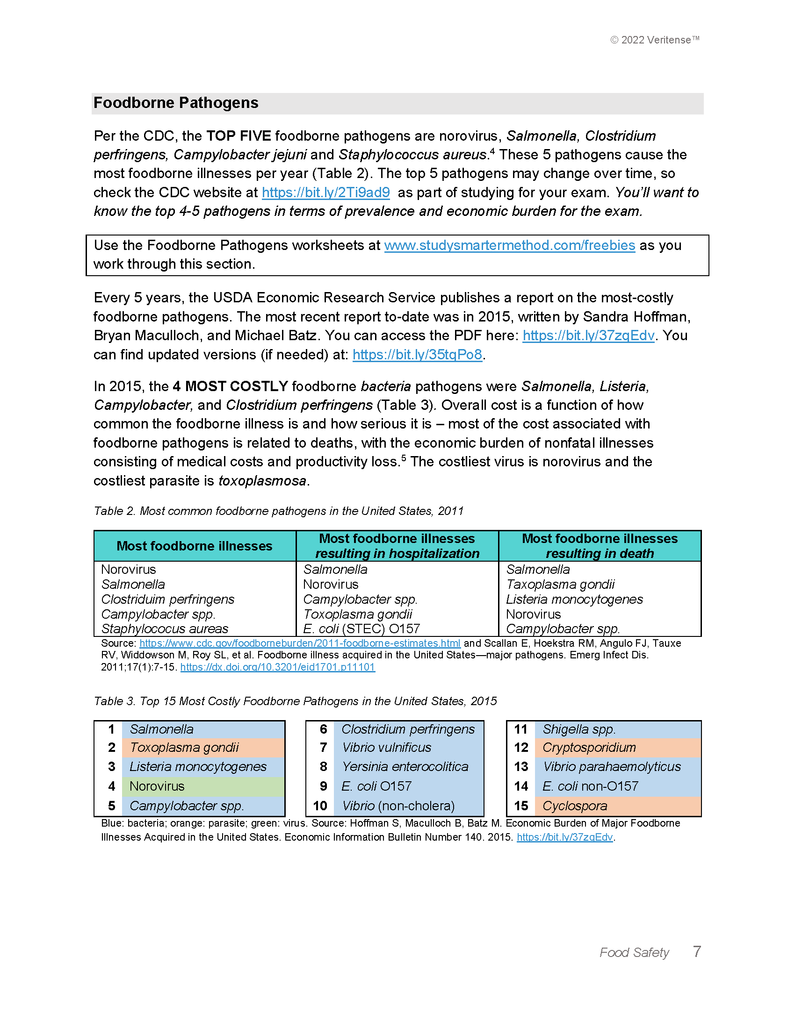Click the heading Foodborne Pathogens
(x=176, y=103)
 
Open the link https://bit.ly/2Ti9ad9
(x=325, y=193)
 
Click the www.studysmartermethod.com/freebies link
(x=509, y=245)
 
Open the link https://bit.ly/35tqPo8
(x=417, y=355)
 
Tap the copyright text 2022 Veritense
(x=655, y=40)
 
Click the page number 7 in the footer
(x=697, y=951)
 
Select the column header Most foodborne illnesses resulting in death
(x=599, y=545)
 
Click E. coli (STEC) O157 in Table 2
(x=361, y=629)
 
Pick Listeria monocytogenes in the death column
(x=574, y=599)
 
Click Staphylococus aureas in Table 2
(x=164, y=629)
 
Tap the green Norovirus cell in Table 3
(x=157, y=786)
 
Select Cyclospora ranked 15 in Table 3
(x=574, y=806)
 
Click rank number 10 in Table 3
(x=320, y=806)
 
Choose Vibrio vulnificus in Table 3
(x=386, y=748)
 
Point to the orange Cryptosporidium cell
(x=589, y=748)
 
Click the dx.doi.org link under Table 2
(x=277, y=667)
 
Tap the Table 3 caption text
(x=295, y=701)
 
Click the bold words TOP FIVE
(x=238, y=136)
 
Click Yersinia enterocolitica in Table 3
(x=405, y=767)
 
